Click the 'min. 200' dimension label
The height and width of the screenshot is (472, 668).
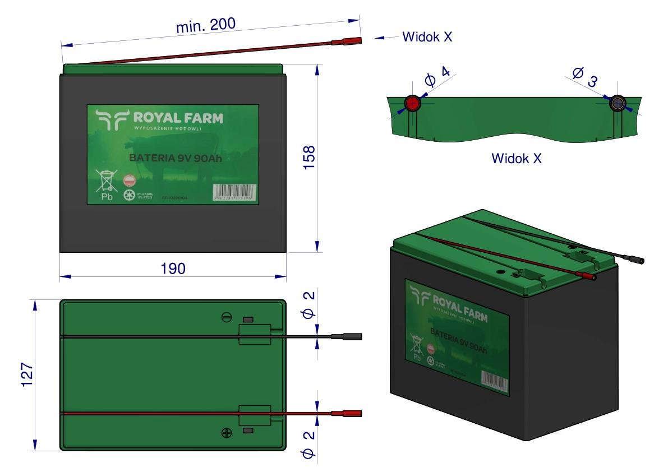click(x=206, y=25)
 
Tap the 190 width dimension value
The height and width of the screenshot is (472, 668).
click(x=173, y=268)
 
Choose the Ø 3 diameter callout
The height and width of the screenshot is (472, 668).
click(x=584, y=77)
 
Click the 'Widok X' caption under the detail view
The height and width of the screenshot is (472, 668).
click(x=516, y=159)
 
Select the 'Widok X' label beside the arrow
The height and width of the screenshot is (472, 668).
click(x=427, y=37)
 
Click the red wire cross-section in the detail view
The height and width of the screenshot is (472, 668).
click(x=413, y=103)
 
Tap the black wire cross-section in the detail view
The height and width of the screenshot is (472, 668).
click(x=619, y=103)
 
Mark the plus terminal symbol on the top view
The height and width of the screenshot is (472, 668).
click(x=227, y=432)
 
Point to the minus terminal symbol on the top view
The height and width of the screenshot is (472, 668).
click(x=227, y=318)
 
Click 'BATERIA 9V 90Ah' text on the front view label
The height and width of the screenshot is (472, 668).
click(x=176, y=159)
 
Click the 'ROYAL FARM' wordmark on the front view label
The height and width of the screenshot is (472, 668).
click(x=177, y=118)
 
